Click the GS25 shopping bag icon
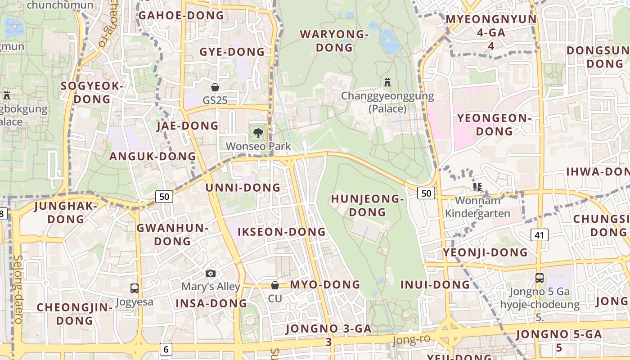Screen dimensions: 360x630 pyautogui.click(x=215, y=87)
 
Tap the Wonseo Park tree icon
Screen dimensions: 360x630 pyautogui.click(x=258, y=133)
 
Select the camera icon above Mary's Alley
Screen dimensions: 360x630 pyautogui.click(x=210, y=273)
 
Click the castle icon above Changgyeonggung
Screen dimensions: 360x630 pyautogui.click(x=387, y=82)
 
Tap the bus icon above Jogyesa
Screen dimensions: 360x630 pyautogui.click(x=134, y=288)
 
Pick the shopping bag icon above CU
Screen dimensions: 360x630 pyautogui.click(x=274, y=285)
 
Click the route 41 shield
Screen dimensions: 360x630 pyautogui.click(x=540, y=234)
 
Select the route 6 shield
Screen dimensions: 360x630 pyautogui.click(x=166, y=349)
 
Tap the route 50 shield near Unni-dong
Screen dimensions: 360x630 pyautogui.click(x=164, y=196)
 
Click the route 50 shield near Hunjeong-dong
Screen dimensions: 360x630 pyautogui.click(x=426, y=193)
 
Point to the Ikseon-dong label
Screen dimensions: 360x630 pyautogui.click(x=281, y=232)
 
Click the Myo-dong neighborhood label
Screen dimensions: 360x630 pyautogui.click(x=325, y=284)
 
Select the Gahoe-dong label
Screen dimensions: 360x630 pyautogui.click(x=181, y=15)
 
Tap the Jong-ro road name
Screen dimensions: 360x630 pyautogui.click(x=411, y=339)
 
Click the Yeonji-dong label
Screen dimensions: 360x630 pyautogui.click(x=485, y=252)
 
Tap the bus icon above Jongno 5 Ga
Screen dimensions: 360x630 pyautogui.click(x=539, y=278)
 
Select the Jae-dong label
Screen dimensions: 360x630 pyautogui.click(x=187, y=126)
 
